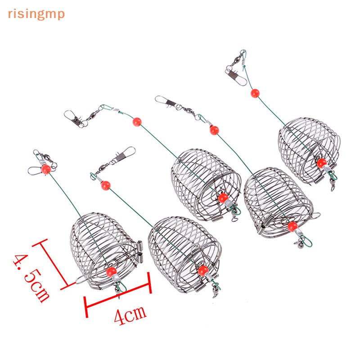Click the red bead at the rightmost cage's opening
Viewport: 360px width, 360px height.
[321, 163]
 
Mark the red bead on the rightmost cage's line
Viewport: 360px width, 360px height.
[255, 94]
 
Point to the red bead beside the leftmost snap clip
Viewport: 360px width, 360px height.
[45, 169]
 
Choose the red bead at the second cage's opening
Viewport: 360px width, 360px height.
[203, 270]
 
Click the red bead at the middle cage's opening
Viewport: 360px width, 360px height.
[222, 198]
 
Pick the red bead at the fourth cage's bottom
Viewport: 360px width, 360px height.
[292, 225]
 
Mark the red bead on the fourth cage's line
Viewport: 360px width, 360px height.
[213, 131]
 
